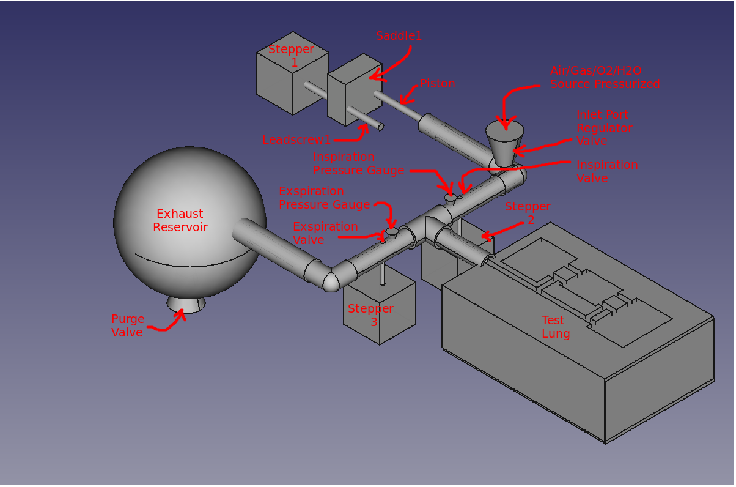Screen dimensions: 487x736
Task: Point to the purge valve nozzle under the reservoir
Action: [x=186, y=304]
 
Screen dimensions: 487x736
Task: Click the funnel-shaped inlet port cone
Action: [x=506, y=144]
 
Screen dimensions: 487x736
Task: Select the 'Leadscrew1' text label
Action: [x=296, y=140]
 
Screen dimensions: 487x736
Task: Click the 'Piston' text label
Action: [x=438, y=84]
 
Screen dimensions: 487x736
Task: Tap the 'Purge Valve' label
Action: [x=128, y=325]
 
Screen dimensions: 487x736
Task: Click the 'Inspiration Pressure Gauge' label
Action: [x=358, y=164]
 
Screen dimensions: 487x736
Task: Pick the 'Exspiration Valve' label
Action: [x=325, y=233]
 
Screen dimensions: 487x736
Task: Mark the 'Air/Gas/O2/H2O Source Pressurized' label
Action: [x=605, y=78]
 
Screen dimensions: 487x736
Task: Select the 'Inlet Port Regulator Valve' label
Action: [x=605, y=128]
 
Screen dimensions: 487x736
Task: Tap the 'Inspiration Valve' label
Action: [x=607, y=171]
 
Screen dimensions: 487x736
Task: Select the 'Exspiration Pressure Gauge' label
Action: [x=324, y=198]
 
